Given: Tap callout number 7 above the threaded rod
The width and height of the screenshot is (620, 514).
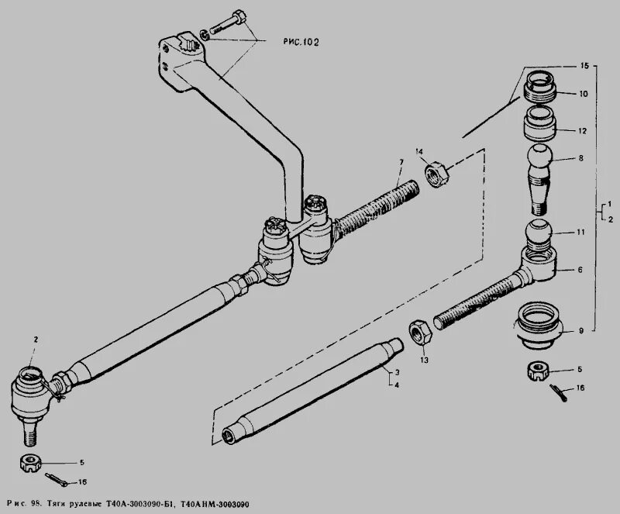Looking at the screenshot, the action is pos(401,160).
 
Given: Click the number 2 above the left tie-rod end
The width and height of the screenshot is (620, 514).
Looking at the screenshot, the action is pos(35,340).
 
